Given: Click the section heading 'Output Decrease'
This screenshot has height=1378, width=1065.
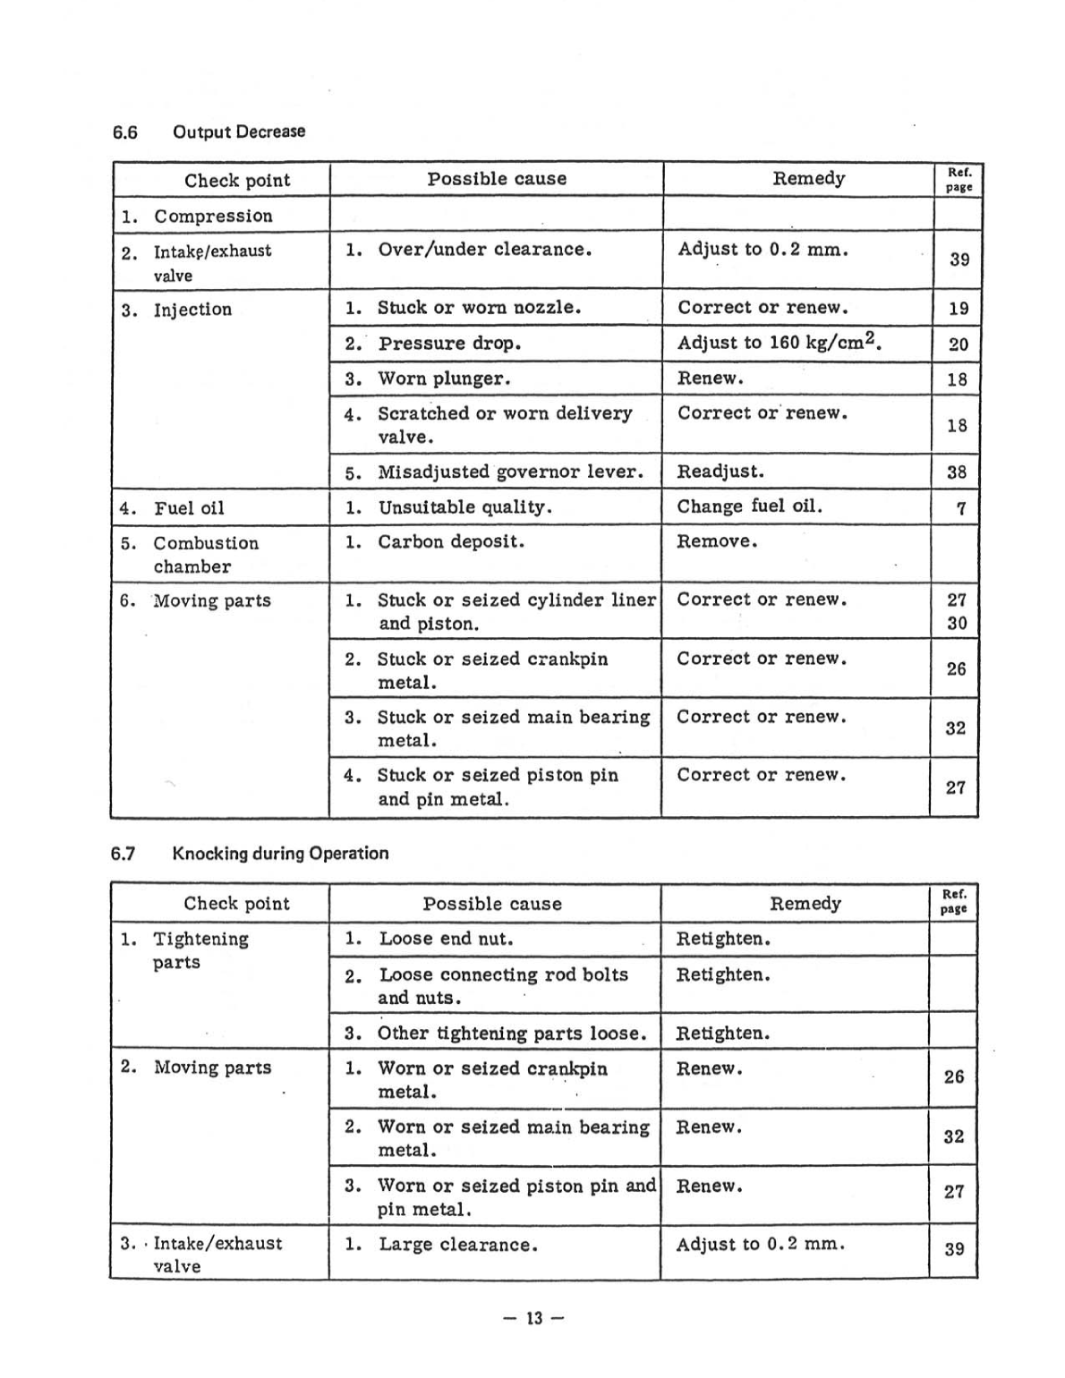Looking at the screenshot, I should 238,132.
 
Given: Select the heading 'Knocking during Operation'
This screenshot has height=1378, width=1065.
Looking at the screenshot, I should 279,853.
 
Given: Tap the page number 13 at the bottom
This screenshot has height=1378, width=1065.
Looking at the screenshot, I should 533,1318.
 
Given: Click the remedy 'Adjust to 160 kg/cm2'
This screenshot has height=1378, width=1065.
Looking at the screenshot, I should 780,343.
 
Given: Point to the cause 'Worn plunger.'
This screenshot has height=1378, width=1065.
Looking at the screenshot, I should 443,379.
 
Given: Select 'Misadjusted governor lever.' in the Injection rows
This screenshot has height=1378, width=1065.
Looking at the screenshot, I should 510,472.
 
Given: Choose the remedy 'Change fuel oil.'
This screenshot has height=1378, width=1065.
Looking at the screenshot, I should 749,506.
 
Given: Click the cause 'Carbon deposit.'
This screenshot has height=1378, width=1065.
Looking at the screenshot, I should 450,542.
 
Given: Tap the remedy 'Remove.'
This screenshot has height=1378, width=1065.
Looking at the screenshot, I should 717,542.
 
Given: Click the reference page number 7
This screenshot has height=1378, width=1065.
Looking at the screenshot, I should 960,508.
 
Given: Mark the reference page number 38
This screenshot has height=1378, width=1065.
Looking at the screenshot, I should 957,472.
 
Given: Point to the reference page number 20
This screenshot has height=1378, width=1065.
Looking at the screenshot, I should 958,344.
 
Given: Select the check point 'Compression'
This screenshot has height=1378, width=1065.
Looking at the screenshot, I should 212,216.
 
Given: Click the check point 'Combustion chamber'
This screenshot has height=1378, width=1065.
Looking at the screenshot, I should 205,555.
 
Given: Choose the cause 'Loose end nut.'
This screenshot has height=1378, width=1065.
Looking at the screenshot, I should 446,939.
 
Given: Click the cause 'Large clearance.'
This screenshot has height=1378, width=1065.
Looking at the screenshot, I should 457,1245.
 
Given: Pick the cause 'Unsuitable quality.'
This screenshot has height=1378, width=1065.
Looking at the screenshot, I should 464,507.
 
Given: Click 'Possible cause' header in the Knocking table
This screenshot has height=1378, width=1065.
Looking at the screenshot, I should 492,904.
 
